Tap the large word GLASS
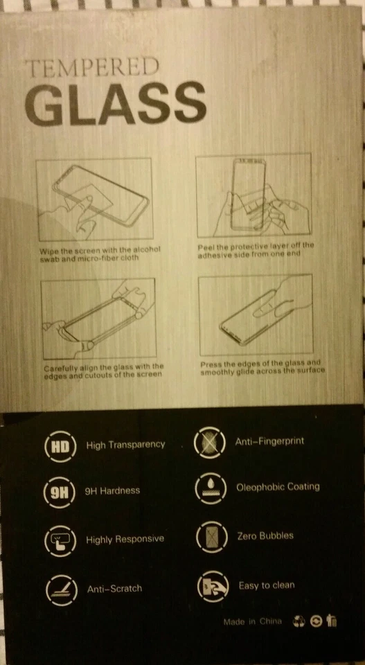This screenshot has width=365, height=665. (x=116, y=103)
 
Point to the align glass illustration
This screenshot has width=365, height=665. (x=98, y=318)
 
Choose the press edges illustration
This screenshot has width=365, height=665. (x=255, y=315)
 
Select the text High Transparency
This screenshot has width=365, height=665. (x=125, y=445)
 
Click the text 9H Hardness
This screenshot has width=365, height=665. (x=112, y=490)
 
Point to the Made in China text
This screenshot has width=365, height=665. (x=252, y=622)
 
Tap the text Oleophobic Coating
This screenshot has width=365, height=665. (x=278, y=486)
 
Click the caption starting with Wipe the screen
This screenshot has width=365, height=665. (x=100, y=254)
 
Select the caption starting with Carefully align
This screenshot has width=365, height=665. (x=103, y=370)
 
